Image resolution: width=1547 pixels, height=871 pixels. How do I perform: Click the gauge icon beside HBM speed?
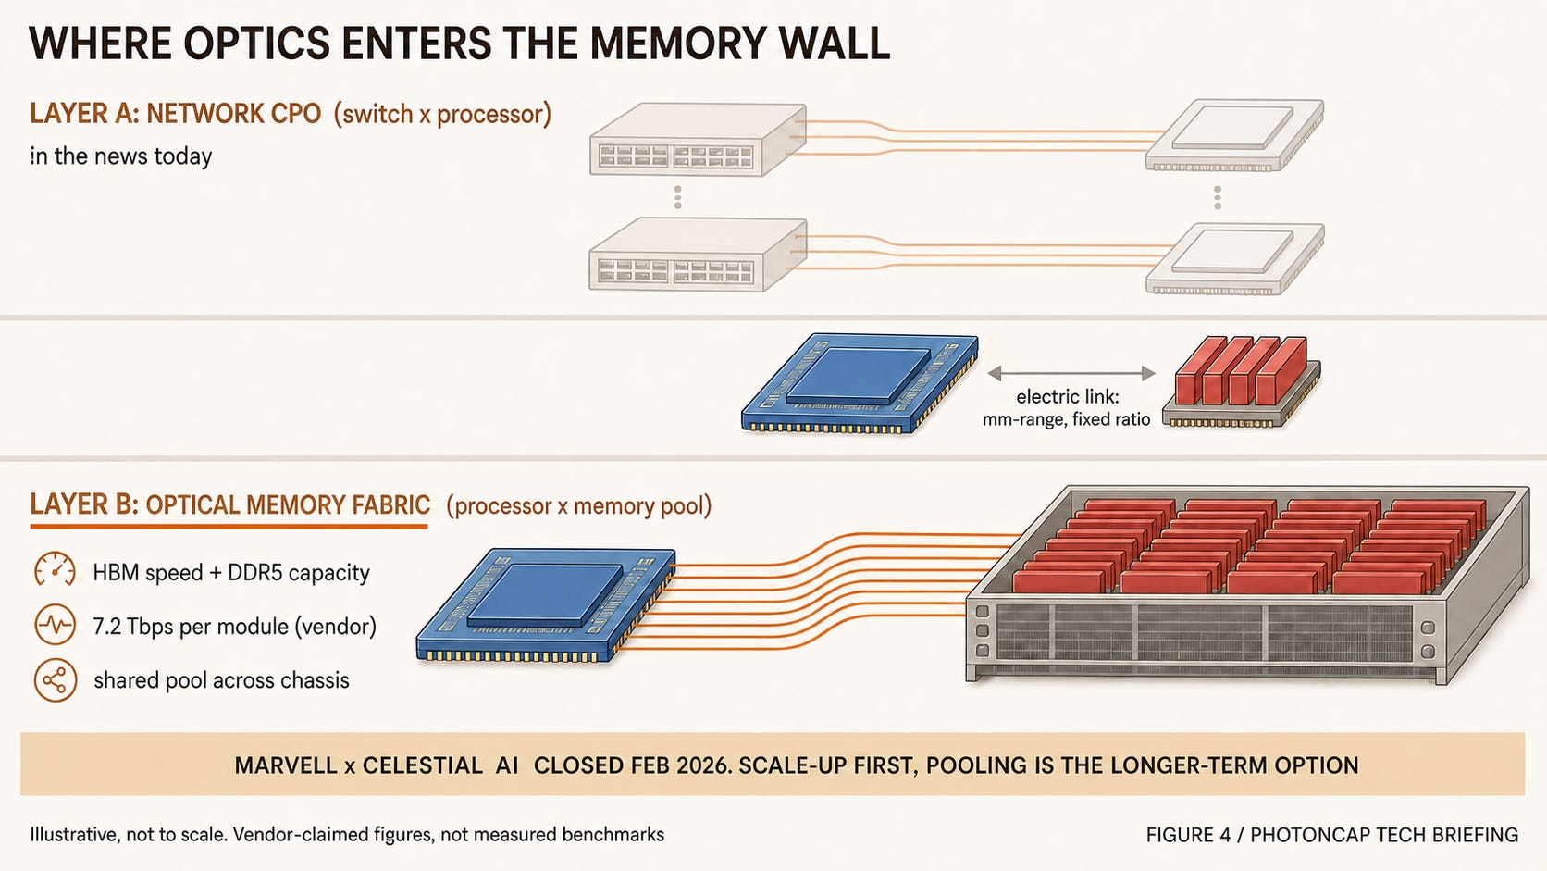coord(55,571)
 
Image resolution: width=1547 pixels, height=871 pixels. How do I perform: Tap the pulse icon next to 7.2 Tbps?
coord(55,625)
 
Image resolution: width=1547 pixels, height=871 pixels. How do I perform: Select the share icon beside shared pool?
coord(55,679)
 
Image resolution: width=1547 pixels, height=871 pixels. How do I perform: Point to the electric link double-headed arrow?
coord(1071,374)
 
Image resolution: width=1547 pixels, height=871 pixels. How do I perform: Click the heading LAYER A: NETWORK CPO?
coord(176,114)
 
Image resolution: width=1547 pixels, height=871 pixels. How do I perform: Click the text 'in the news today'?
coord(121,156)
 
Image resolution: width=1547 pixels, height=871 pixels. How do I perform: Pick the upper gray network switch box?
coord(698,139)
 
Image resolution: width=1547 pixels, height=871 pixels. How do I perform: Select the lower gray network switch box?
coord(698,255)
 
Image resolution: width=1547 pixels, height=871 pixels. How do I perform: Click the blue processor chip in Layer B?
coord(546,605)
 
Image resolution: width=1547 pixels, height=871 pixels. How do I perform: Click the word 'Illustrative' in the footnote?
coord(75,834)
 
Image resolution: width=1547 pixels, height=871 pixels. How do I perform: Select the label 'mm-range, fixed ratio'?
coord(1066,419)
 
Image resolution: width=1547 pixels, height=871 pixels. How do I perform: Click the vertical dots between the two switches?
coord(677,197)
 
